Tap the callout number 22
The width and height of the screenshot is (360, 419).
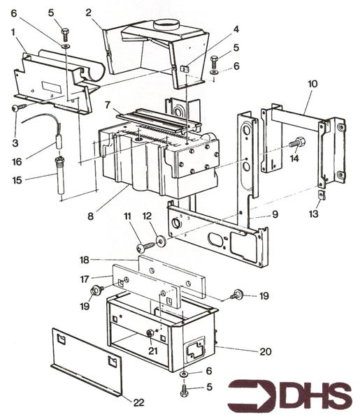(138, 402)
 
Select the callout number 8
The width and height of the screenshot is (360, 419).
(90, 216)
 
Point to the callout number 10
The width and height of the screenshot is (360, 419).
(312, 84)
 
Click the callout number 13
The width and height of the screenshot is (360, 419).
(313, 214)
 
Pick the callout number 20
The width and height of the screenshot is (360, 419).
(266, 351)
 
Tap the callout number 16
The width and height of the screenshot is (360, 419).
(17, 162)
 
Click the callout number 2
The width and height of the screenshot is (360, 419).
(89, 13)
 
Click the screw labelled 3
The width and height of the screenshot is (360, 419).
(20, 108)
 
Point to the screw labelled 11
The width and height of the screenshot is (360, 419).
(145, 247)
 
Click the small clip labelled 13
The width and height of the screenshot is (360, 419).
(322, 195)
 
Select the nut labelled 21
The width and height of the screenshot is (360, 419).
(150, 333)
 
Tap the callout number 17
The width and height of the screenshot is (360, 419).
(85, 279)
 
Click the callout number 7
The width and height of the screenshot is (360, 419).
(108, 105)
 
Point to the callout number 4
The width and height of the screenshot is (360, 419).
(236, 29)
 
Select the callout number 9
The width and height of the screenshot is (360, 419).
(275, 214)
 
